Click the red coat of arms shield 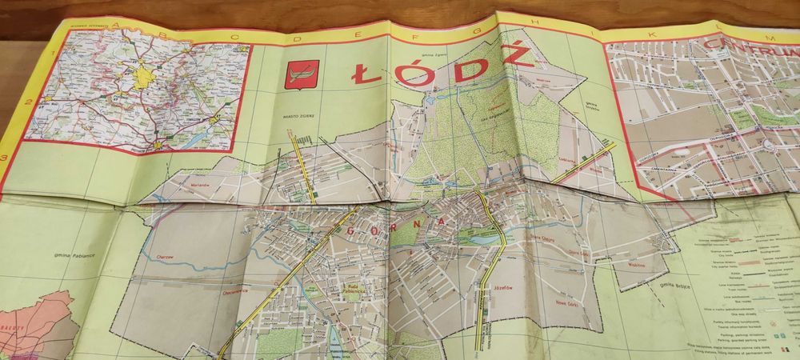(302, 74)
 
